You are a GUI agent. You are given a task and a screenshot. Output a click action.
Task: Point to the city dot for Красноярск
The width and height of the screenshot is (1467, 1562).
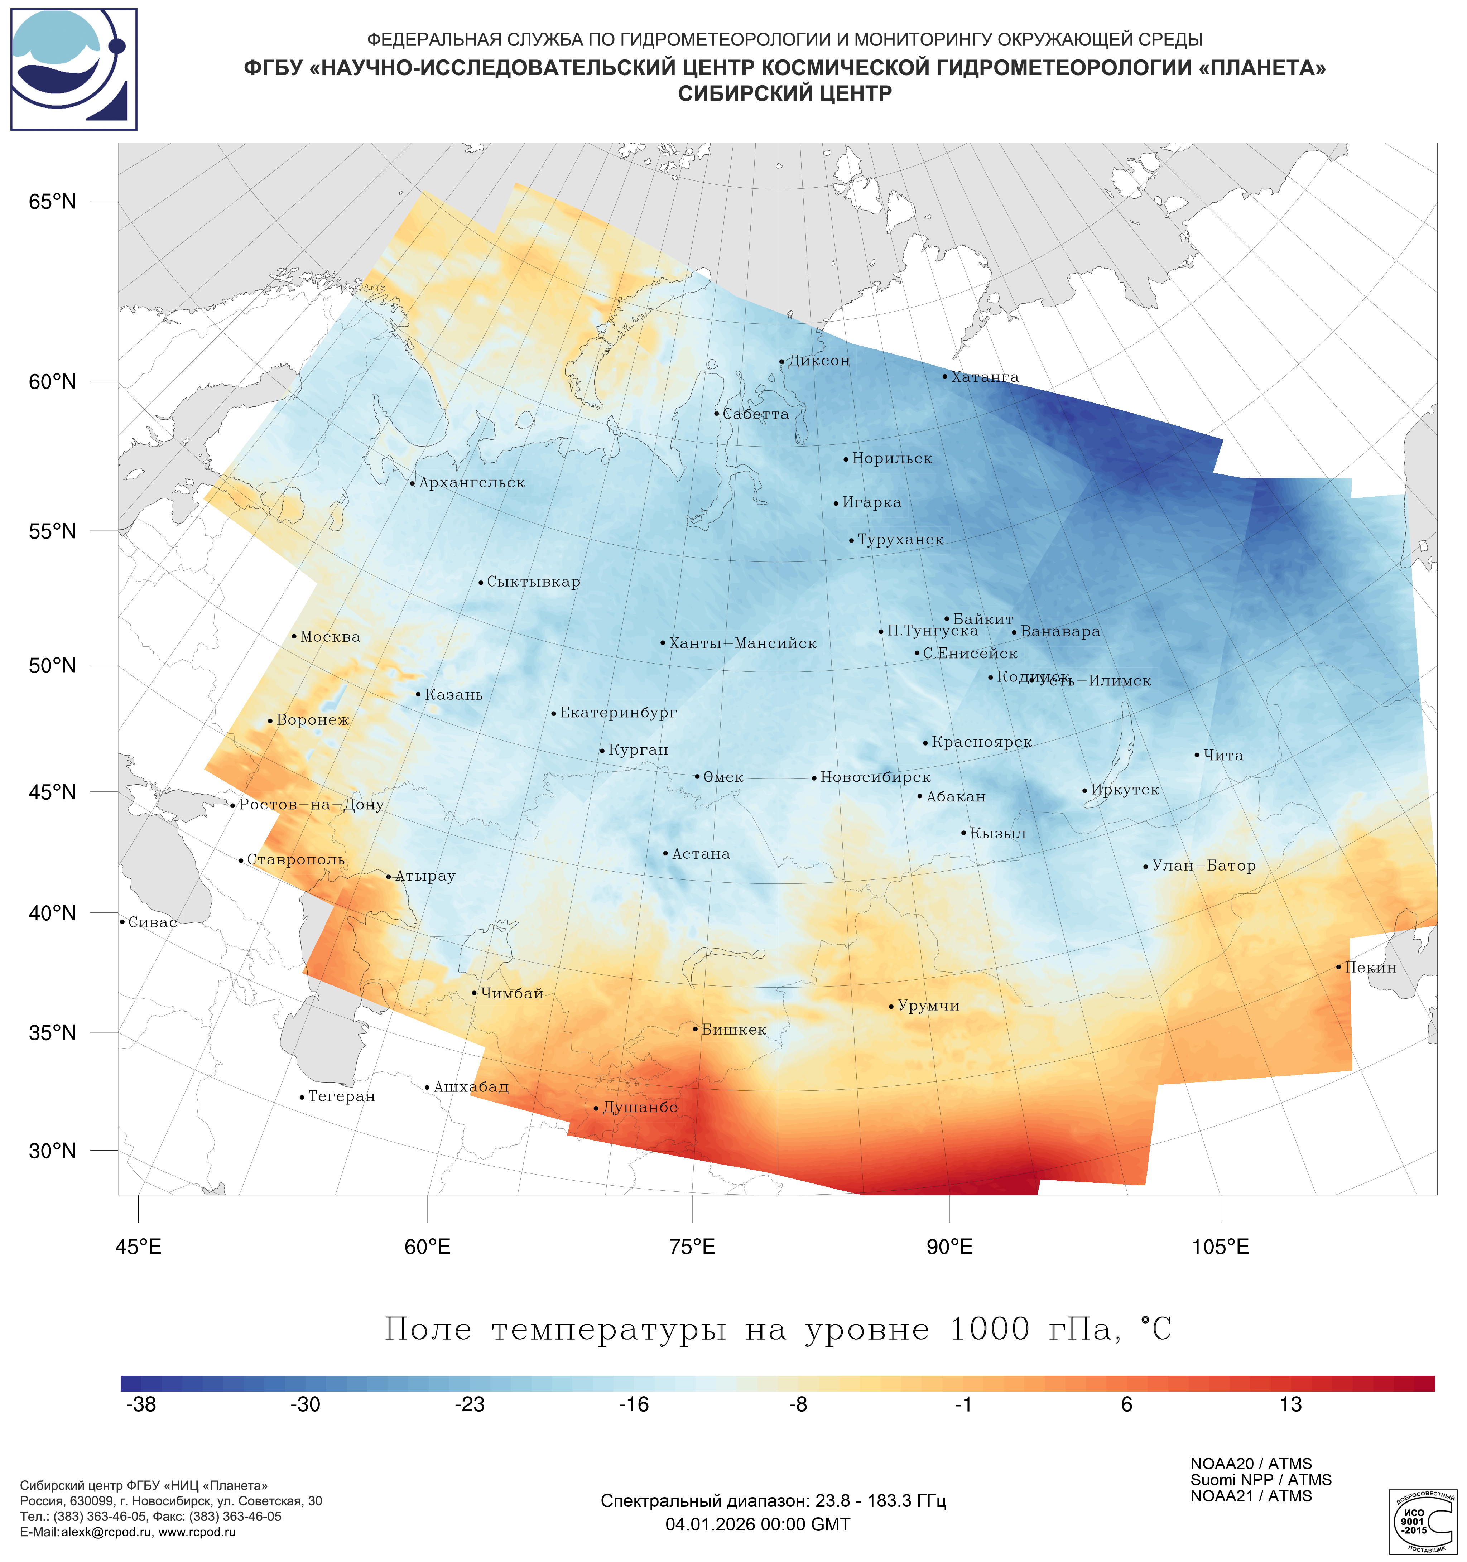(x=925, y=743)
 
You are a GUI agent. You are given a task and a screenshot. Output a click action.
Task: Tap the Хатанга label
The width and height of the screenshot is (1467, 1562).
(x=985, y=377)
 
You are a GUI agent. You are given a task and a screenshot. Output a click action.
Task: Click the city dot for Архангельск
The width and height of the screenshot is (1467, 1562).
(x=413, y=483)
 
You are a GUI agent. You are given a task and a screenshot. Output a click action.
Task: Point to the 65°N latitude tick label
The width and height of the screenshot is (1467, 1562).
(x=53, y=202)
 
